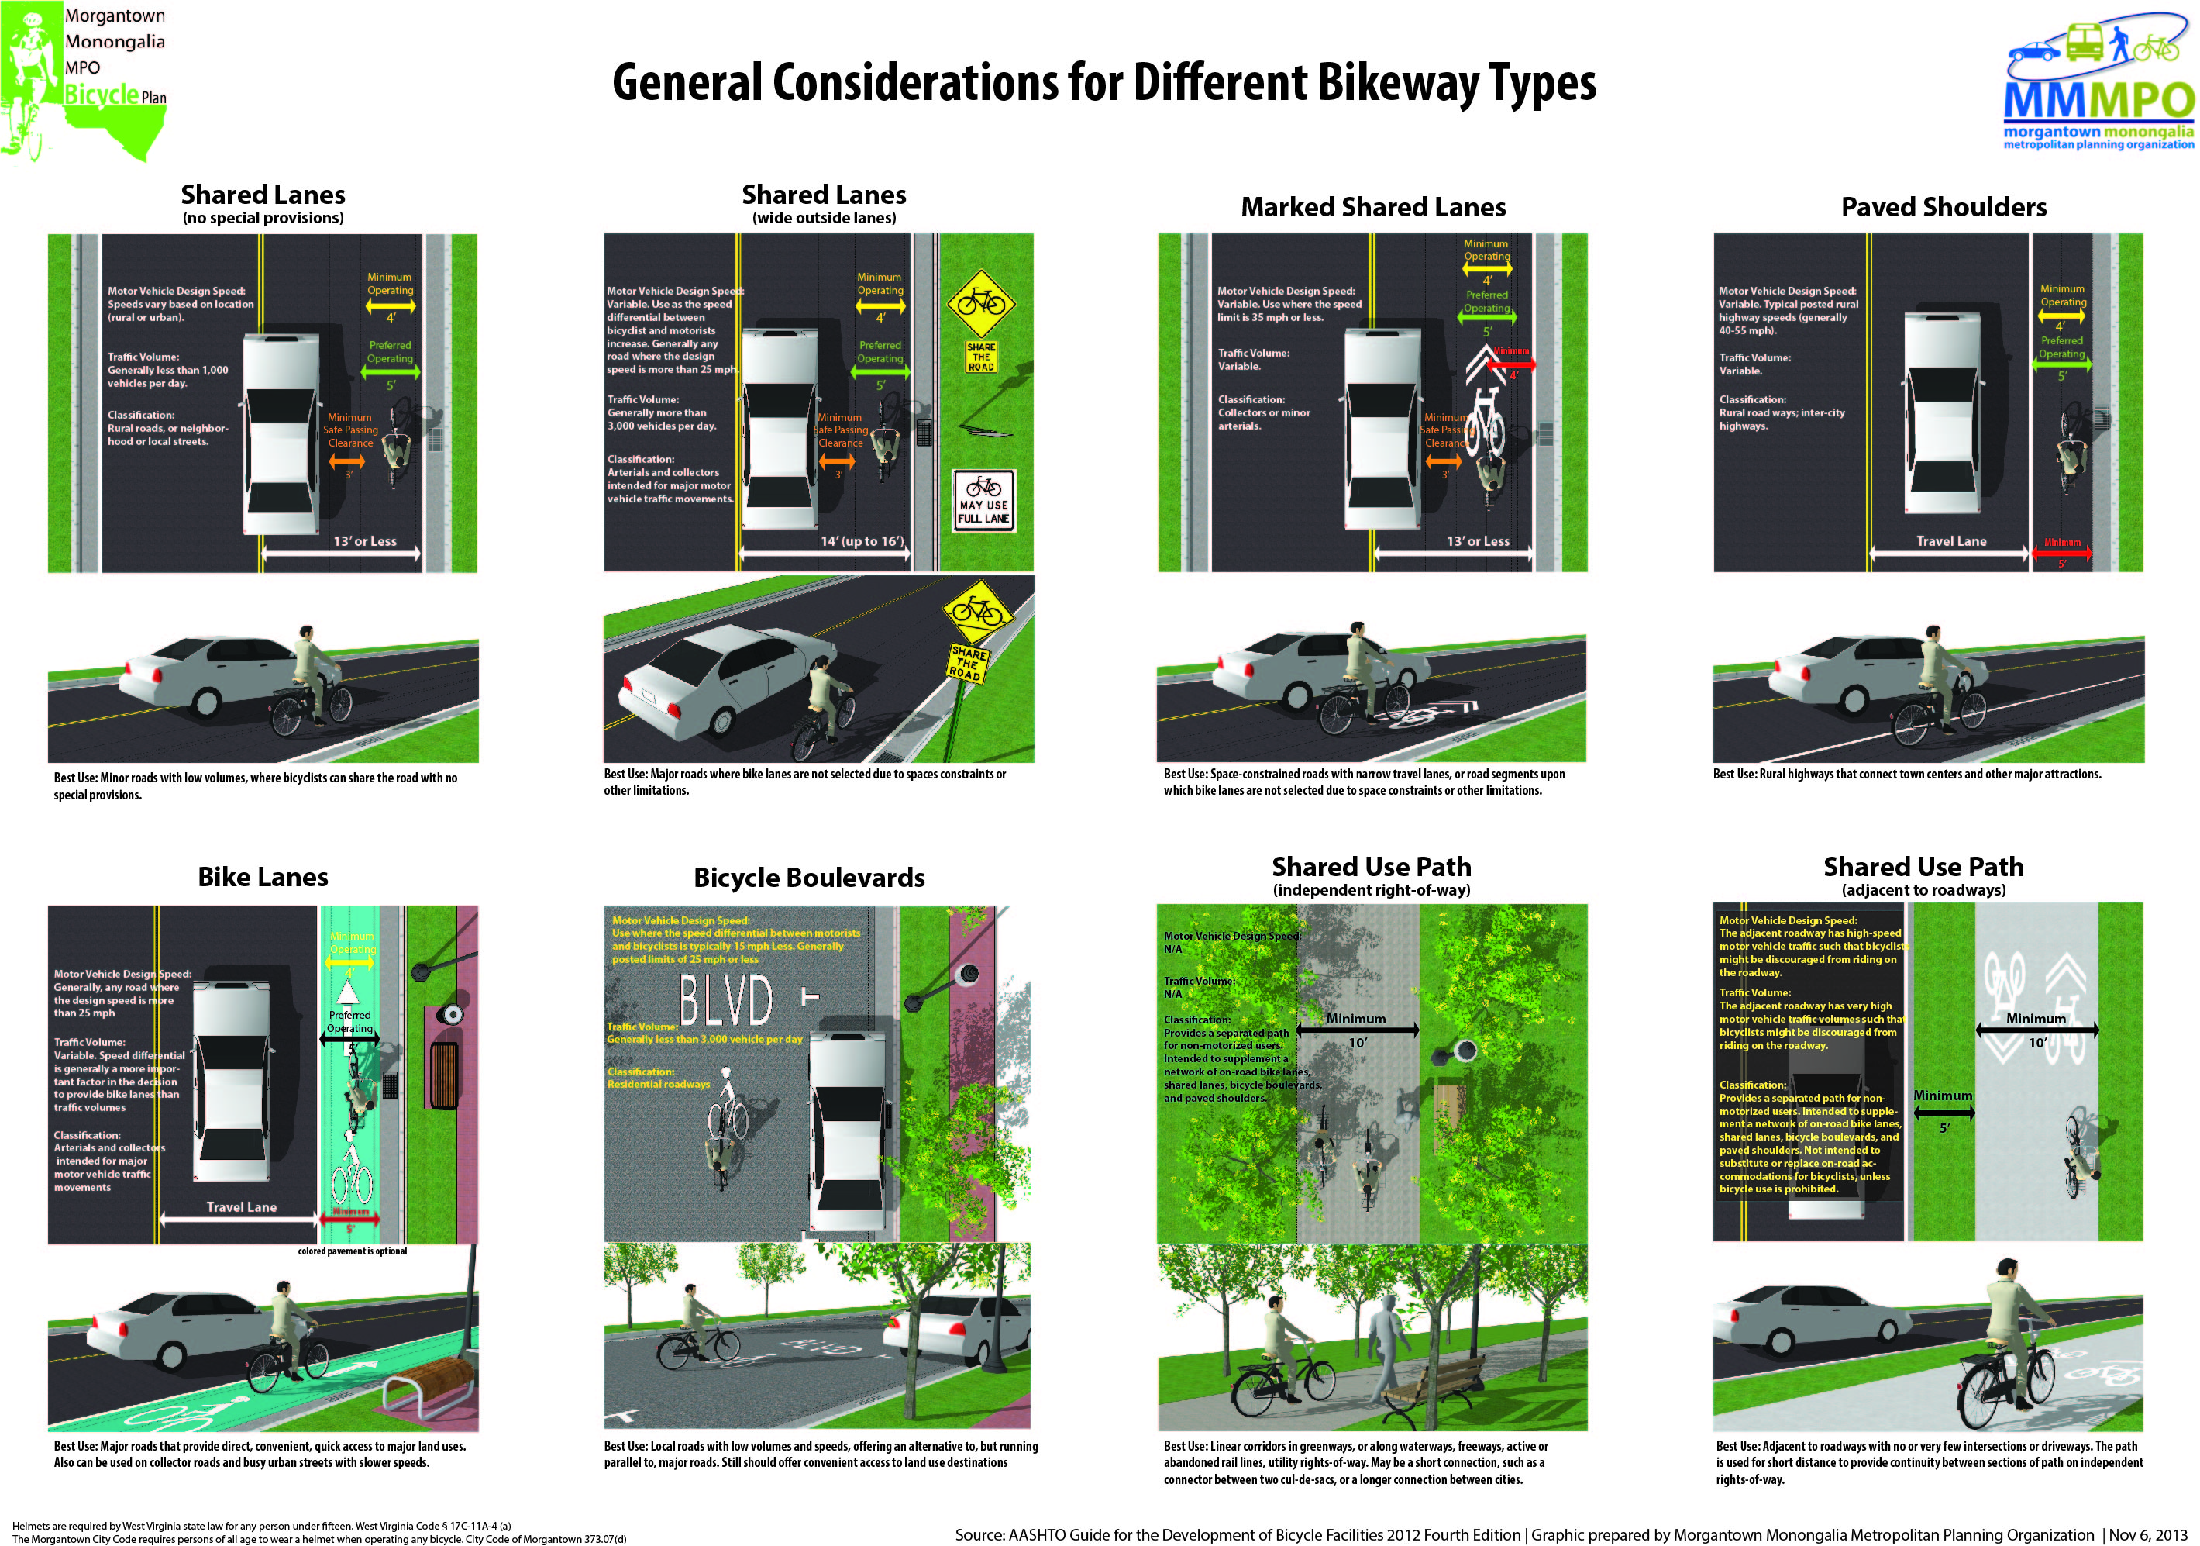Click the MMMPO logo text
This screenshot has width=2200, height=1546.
2098,101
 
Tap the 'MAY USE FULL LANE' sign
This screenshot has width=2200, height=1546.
983,500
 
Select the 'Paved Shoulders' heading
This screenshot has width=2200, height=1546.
1944,207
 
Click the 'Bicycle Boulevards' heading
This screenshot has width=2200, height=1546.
809,877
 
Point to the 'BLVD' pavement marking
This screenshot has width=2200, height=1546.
725,999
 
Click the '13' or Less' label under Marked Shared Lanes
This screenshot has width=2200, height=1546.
1478,541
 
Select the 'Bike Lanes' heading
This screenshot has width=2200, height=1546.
263,877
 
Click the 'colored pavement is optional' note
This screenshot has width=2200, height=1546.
352,1251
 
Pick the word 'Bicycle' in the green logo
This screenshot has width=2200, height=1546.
101,94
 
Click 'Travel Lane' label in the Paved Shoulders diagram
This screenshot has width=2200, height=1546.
1951,541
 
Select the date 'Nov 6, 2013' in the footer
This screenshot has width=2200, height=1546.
2147,1534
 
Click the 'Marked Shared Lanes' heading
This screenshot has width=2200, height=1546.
1372,207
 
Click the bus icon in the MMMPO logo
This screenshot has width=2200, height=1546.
2085,42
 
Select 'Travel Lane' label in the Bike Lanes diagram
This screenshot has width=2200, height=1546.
242,1208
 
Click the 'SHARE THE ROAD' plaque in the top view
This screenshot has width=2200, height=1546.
981,357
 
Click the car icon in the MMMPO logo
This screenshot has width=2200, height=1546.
2033,51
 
